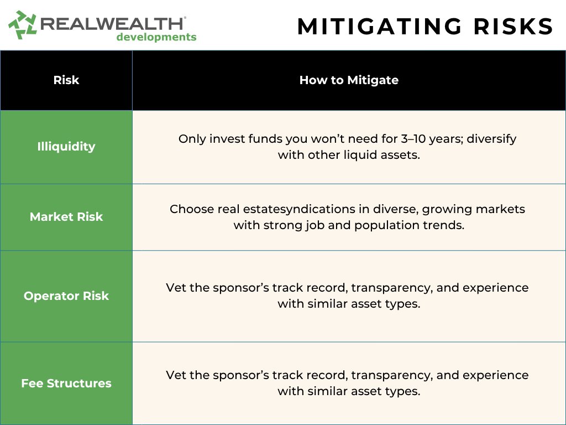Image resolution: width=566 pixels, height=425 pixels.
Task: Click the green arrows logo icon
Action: click(x=22, y=24)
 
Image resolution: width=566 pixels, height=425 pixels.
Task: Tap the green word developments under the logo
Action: click(x=156, y=37)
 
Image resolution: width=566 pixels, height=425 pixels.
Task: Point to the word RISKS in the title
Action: click(x=513, y=27)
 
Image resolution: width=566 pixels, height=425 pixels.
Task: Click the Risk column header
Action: click(x=66, y=80)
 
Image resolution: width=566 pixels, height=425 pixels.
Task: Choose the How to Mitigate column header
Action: click(x=349, y=80)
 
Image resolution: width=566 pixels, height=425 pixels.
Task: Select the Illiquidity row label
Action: click(x=66, y=146)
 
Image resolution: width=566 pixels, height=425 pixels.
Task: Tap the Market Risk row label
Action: click(x=66, y=216)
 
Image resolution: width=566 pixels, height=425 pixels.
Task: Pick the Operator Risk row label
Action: click(x=66, y=296)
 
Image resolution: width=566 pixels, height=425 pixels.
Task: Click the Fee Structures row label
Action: click(x=66, y=383)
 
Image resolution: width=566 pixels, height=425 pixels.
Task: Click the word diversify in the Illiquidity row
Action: click(x=491, y=139)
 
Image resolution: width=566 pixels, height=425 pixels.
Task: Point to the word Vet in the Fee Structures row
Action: click(x=176, y=375)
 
